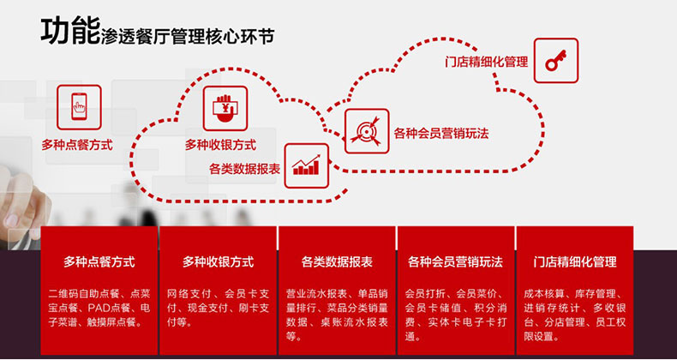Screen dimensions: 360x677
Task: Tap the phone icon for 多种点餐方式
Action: (x=78, y=107)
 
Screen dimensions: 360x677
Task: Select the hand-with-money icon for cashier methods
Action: (x=225, y=108)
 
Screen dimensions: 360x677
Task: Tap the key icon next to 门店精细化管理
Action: (x=555, y=60)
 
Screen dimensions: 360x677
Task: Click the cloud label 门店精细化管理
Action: (x=486, y=63)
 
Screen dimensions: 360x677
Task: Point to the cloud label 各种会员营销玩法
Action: (x=440, y=133)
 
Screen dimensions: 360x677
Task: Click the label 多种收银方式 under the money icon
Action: (x=220, y=145)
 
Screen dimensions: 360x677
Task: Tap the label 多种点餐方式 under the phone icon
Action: (x=77, y=145)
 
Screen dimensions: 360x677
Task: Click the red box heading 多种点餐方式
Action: (x=99, y=261)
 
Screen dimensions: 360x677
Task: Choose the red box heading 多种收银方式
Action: (x=218, y=261)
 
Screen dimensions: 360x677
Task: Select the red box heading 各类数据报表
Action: (x=337, y=261)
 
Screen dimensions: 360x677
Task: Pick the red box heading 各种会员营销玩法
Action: (x=455, y=261)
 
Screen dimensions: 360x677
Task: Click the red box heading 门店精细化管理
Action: (x=574, y=261)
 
